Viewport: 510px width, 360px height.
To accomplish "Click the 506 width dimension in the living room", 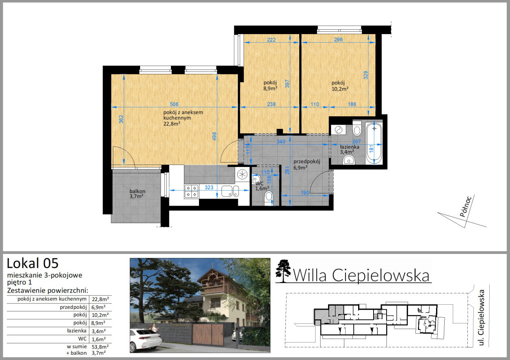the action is (174, 104).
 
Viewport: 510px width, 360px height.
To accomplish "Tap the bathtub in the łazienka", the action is (374, 143).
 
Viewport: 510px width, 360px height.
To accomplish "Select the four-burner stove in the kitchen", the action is (191, 191).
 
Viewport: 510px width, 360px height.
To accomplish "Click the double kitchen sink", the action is (230, 191).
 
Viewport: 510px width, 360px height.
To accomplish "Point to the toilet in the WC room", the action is (269, 198).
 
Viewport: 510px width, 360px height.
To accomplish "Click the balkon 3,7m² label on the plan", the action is (137, 194).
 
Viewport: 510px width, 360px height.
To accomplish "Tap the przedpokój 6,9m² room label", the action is (307, 165).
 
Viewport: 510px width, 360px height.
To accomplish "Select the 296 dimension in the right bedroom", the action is (338, 39).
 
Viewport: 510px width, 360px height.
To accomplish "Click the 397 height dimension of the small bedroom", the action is (287, 84).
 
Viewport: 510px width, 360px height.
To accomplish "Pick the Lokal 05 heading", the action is (32, 263).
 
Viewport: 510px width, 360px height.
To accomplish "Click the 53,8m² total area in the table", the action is (100, 347).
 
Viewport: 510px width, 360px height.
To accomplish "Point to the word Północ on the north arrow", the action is (465, 206).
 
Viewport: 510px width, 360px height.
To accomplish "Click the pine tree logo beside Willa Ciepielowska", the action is (283, 271).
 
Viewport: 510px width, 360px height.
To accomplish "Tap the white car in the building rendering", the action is (146, 340).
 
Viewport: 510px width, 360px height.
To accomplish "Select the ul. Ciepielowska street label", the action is (481, 318).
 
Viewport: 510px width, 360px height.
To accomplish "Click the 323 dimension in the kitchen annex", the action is (209, 187).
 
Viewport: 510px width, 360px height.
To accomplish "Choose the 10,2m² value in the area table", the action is (100, 315).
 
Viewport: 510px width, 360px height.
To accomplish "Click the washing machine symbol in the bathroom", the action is (339, 130).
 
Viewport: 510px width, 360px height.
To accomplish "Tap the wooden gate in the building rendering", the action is (208, 334).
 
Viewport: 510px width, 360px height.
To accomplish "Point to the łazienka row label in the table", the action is (77, 331).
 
